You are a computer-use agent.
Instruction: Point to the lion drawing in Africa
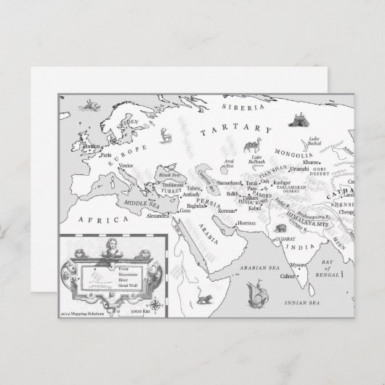coord(207,298)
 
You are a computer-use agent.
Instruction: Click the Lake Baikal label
coord(314,140)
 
